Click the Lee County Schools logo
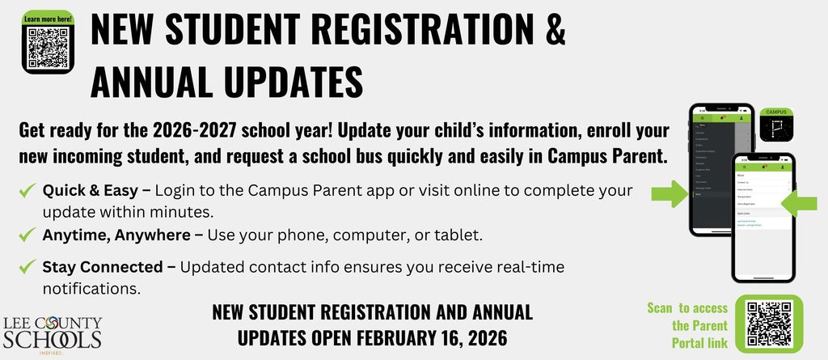[x=53, y=331]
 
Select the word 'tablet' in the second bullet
[x=459, y=235]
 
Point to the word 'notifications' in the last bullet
[x=91, y=287]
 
